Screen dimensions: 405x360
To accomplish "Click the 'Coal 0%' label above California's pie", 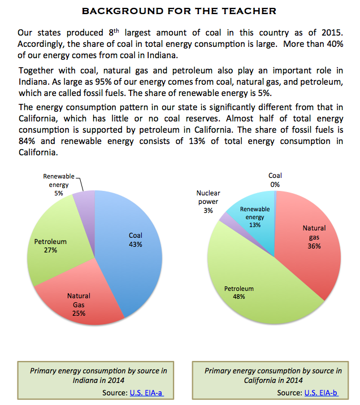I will coord(275,180).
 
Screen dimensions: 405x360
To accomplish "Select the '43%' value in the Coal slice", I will coord(135,245).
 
